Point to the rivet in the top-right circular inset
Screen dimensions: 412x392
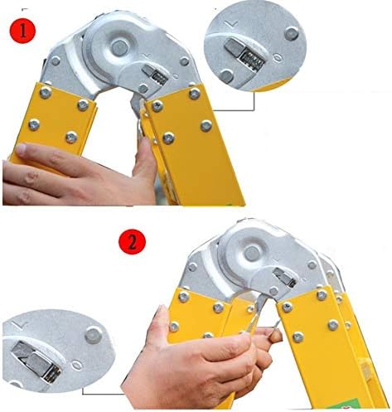(292, 33)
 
